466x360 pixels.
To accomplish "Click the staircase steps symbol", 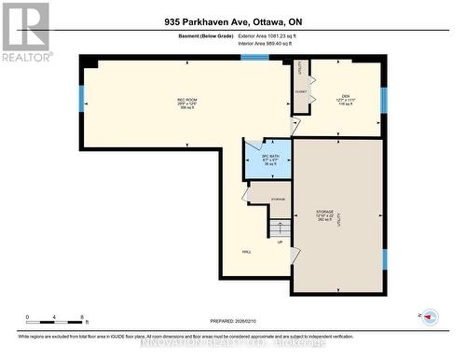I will coord(279,228).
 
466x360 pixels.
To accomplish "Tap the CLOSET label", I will coord(300,91).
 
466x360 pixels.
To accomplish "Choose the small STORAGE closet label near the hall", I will coord(278,200).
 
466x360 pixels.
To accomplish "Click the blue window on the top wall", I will coord(254,58).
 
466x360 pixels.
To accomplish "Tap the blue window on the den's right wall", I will coord(383,99).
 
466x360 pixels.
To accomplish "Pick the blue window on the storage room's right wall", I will coord(383,258).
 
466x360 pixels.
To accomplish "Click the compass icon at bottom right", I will coord(430,317).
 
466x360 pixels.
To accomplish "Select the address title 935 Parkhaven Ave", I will coord(232,22).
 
